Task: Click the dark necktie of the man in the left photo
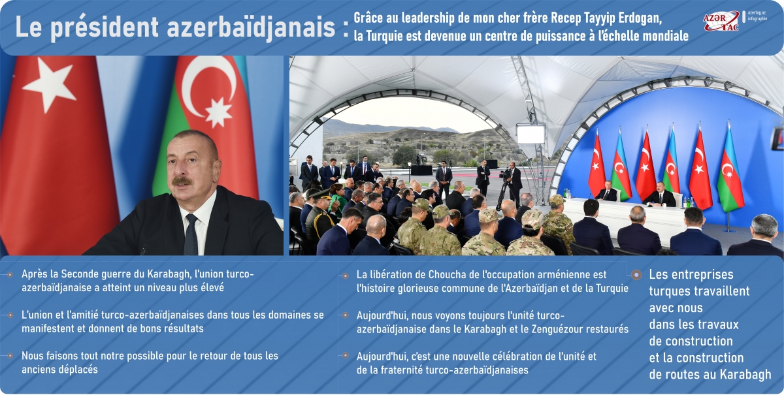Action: pyautogui.click(x=190, y=234)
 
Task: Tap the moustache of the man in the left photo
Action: pyautogui.click(x=182, y=180)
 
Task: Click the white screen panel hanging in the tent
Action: pyautogui.click(x=531, y=133)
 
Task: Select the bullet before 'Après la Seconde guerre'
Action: pyautogui.click(x=10, y=275)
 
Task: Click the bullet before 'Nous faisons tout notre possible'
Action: pyautogui.click(x=10, y=356)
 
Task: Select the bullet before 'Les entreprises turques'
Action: pyautogui.click(x=636, y=275)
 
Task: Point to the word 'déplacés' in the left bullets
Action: pyautogui.click(x=78, y=370)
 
